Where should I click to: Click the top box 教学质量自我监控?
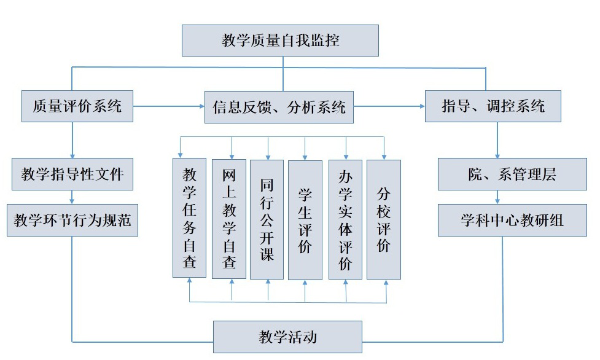point(280,41)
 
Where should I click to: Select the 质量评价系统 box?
point(77,106)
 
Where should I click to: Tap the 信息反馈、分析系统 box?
point(279,107)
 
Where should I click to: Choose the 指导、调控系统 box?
point(493,106)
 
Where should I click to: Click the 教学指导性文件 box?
point(72,174)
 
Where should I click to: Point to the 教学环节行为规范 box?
point(72,220)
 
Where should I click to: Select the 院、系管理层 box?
point(512,174)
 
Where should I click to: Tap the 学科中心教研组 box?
point(512,220)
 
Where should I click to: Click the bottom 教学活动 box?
point(288,337)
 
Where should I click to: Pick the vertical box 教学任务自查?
point(189,217)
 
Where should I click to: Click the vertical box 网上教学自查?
point(229,219)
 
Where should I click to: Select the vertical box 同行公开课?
point(267,219)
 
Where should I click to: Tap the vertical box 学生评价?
point(305,220)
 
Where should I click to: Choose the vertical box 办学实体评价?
point(345,219)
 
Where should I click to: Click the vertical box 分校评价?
point(384,219)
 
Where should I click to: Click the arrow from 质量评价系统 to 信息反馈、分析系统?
point(169,106)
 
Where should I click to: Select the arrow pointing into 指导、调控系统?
point(389,106)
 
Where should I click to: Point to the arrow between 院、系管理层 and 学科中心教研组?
point(497,197)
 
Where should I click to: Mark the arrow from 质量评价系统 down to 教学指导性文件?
point(72,140)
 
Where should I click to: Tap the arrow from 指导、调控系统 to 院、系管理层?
point(497,140)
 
